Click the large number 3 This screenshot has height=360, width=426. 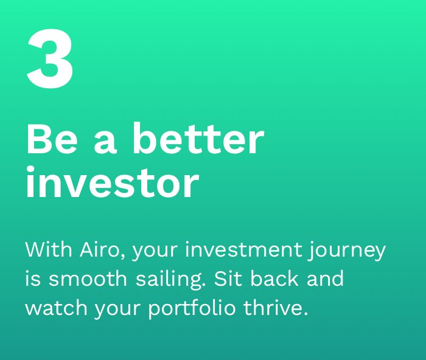[x=51, y=58]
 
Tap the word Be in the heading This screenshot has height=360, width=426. [x=52, y=139]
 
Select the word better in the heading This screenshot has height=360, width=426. [x=198, y=139]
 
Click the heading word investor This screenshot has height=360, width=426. [x=113, y=182]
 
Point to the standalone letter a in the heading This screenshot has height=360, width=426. [x=105, y=142]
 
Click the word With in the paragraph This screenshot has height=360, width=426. [x=49, y=249]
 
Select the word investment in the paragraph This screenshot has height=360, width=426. [x=243, y=249]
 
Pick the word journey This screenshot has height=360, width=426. [x=347, y=251]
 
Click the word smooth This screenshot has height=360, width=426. [x=88, y=279]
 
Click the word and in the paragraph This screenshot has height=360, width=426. [x=325, y=278]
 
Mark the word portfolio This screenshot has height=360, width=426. [x=192, y=309]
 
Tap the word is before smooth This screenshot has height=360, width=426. [x=33, y=279]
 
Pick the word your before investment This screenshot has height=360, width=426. [x=155, y=252]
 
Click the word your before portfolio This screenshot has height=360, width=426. [x=117, y=310]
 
